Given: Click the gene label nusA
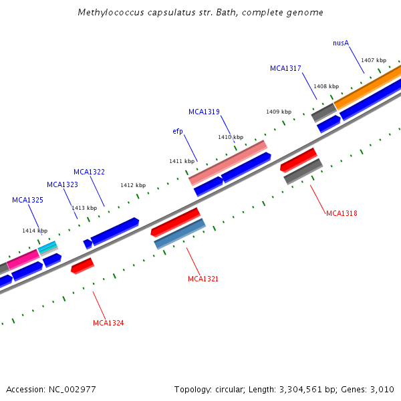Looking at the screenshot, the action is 341,43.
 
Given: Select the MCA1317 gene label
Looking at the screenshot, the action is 285,68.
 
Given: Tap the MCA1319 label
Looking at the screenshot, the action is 204,112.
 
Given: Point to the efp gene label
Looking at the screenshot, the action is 178,131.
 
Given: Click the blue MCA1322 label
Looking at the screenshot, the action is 89,172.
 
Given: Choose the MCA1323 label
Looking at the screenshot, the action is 62,184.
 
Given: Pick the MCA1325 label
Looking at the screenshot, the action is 27,200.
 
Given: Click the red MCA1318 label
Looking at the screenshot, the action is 342,213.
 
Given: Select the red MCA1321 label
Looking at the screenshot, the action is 203,279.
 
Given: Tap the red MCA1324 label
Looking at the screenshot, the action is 108,323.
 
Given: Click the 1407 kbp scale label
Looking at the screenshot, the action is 372,60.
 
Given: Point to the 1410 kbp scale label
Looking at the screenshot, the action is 231,137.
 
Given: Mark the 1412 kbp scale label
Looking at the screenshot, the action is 133,185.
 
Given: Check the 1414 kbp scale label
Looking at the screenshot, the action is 35,231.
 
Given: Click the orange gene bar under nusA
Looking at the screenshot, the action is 368,87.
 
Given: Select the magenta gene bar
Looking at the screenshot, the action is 23,259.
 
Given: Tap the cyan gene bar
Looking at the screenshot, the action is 47,248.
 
